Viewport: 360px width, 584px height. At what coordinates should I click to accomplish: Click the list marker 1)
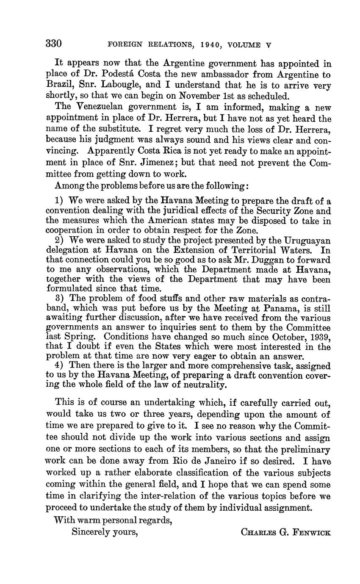(59, 200)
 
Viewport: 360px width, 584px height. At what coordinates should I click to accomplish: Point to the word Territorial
(238, 250)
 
